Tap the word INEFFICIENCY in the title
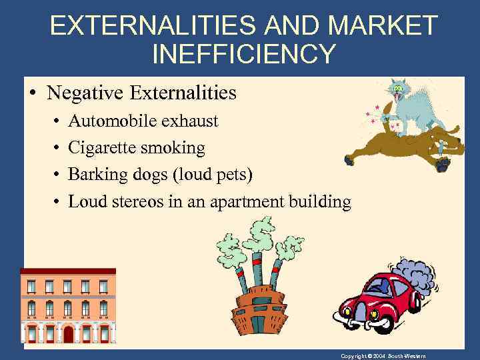pos(244,53)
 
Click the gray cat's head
pos(401,89)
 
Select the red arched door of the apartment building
pos(67,333)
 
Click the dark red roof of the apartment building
pos(67,272)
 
